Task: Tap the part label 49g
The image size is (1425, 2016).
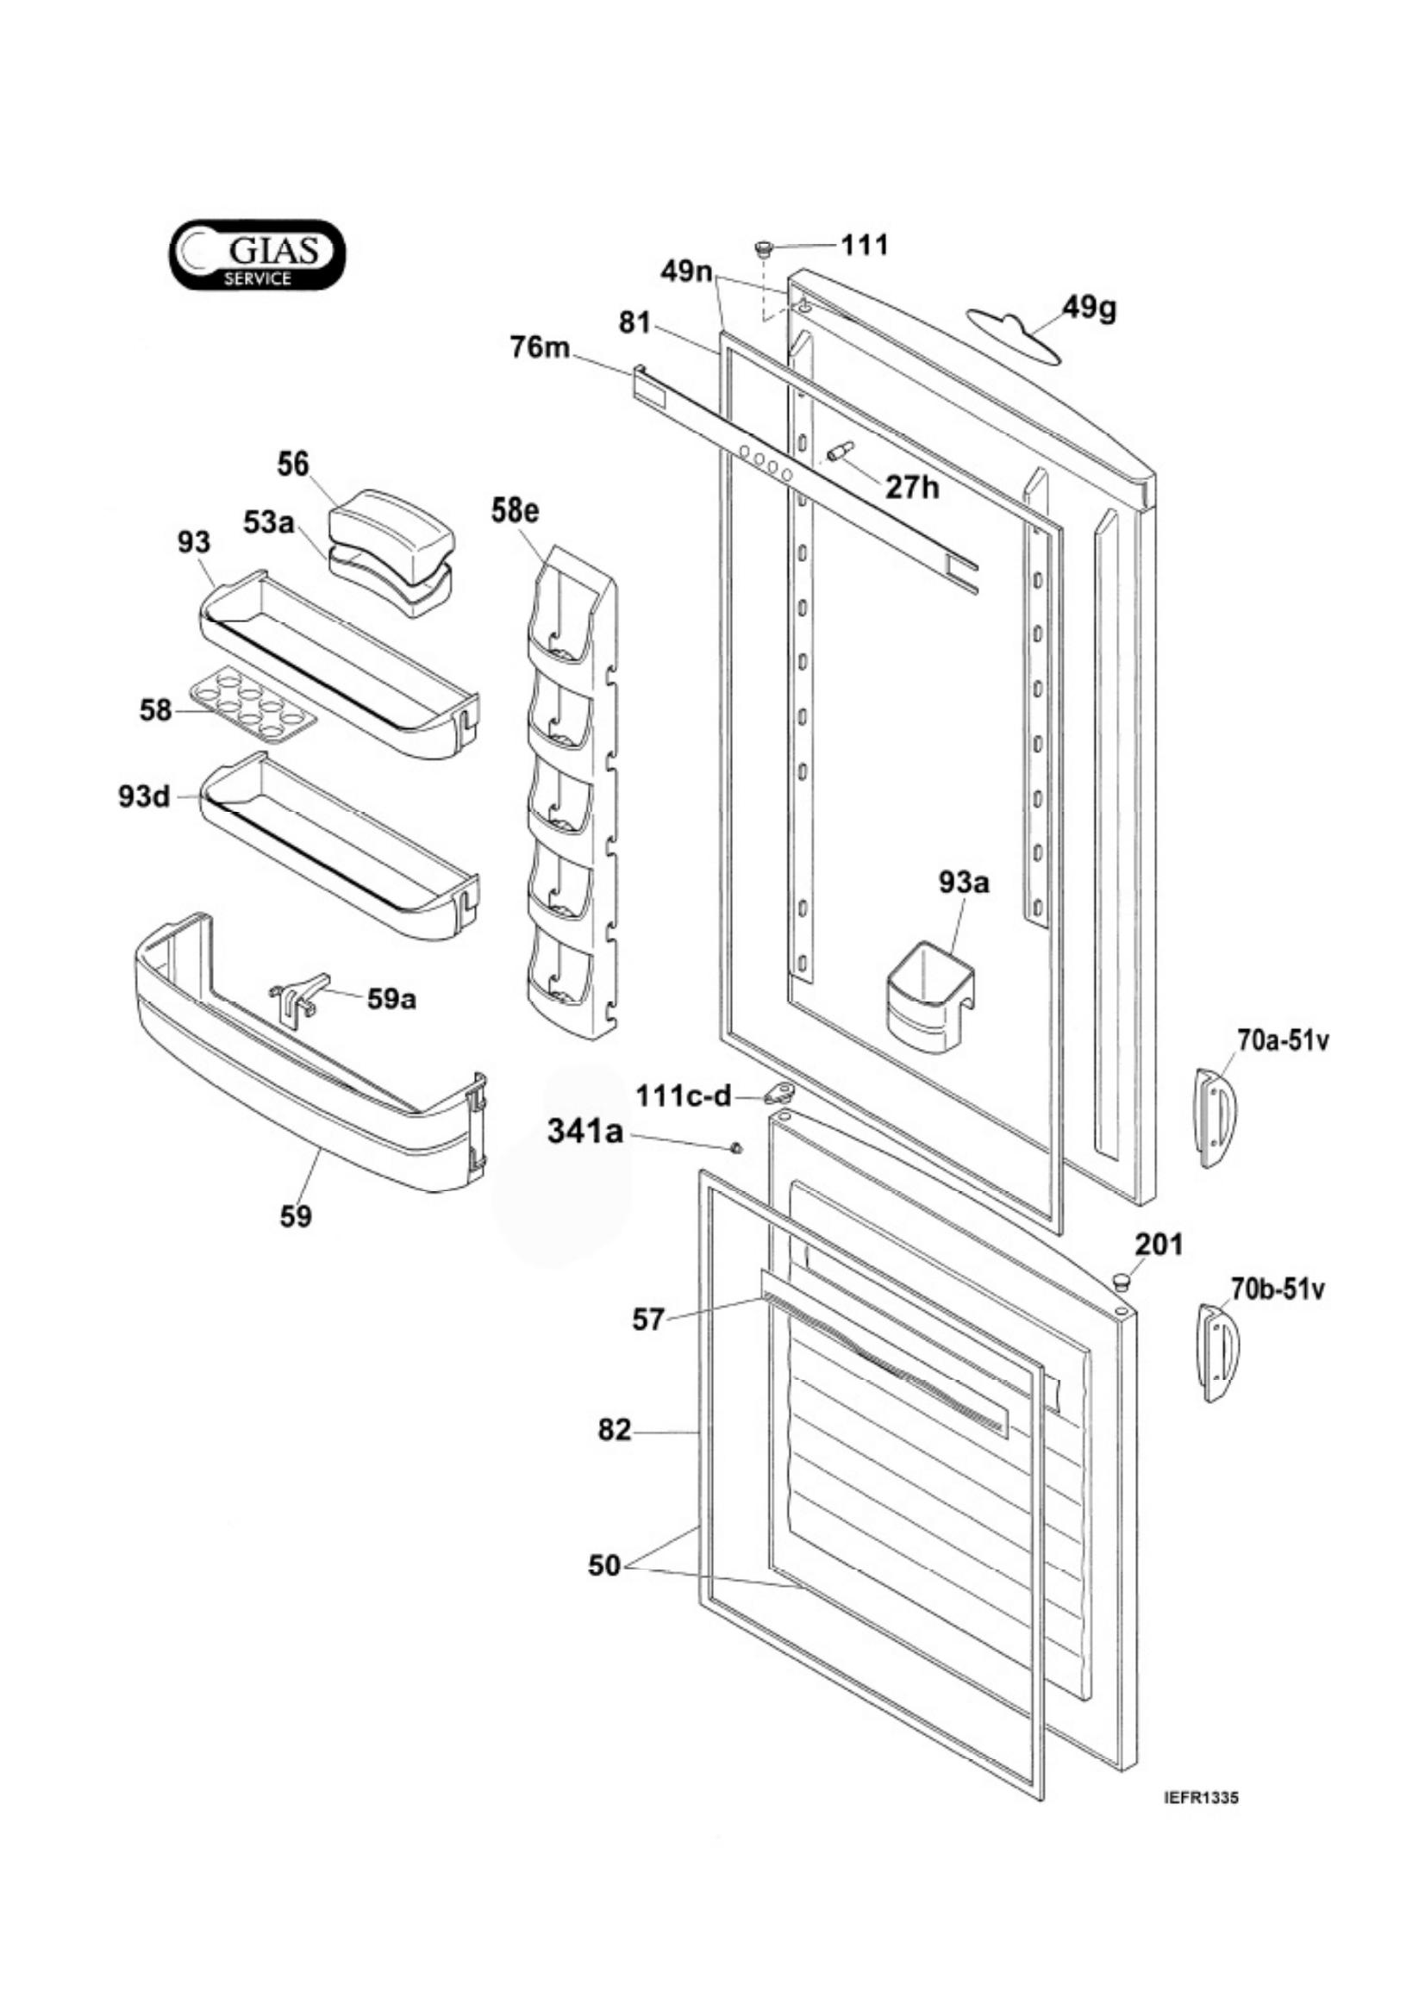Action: click(1090, 309)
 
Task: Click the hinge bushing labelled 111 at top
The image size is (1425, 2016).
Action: click(762, 249)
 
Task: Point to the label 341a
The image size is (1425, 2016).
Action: click(585, 1132)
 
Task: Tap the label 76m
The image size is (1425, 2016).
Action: click(540, 347)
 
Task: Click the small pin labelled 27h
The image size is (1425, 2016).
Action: click(840, 452)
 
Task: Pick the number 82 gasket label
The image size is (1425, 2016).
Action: click(615, 1431)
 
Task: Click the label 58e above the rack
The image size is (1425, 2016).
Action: click(515, 511)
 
